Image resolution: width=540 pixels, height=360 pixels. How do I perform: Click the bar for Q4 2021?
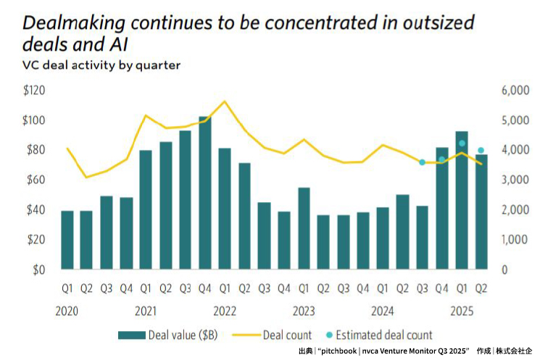coord(205,193)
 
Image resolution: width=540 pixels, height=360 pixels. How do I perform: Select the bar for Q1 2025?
coord(461,200)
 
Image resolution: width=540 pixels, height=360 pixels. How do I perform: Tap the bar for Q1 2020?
coord(67,240)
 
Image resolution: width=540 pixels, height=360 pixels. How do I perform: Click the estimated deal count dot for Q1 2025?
coord(462,143)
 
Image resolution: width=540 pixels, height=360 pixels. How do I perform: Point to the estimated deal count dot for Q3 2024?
coord(423,162)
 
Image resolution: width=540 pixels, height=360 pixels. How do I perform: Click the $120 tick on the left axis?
coord(34,91)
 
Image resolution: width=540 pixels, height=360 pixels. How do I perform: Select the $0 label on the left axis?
coord(38,269)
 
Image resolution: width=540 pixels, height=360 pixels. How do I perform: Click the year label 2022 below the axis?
coord(225,311)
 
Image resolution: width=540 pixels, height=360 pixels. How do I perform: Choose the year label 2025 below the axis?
coord(461,311)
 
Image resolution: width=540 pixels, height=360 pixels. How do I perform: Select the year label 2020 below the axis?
coord(67,311)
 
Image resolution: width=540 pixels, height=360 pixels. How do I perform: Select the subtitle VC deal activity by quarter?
coord(101,64)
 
